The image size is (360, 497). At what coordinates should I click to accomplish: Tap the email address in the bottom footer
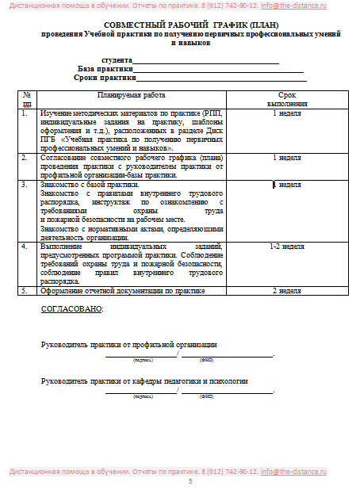click(307, 472)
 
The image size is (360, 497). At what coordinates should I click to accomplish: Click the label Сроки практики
click(105, 78)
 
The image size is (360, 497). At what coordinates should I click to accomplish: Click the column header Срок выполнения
click(287, 99)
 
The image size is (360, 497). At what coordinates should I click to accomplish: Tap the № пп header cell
click(28, 99)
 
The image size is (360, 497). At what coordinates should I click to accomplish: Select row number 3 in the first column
click(25, 185)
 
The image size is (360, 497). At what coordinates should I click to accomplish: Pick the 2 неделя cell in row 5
click(287, 291)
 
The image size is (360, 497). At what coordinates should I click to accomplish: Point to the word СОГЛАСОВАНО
click(72, 309)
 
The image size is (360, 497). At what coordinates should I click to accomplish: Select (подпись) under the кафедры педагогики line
click(143, 396)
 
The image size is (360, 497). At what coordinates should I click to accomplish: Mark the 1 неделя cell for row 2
click(287, 158)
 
